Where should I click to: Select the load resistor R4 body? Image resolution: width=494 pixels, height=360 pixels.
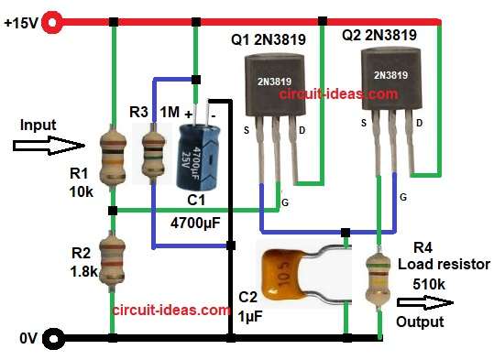pos(378,276)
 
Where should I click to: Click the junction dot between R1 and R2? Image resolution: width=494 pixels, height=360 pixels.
pos(112,211)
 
